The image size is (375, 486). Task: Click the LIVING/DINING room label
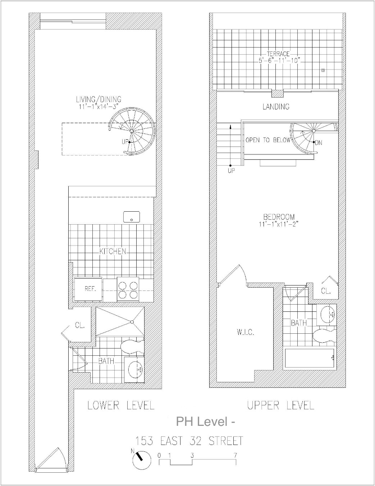click(99, 99)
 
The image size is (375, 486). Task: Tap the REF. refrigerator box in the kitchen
click(88, 289)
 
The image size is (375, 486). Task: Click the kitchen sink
click(132, 217)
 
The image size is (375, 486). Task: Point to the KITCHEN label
click(113, 251)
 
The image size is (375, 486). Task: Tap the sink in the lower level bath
click(135, 369)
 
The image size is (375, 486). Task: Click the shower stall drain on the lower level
click(132, 321)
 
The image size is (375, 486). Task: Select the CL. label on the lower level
click(79, 326)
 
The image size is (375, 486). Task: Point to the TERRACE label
click(278, 54)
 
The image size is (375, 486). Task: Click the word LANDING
click(276, 107)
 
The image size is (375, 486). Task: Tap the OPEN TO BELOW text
click(267, 140)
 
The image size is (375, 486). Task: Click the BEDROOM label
click(279, 217)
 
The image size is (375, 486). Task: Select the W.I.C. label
click(246, 332)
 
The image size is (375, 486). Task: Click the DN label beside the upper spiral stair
click(319, 143)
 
